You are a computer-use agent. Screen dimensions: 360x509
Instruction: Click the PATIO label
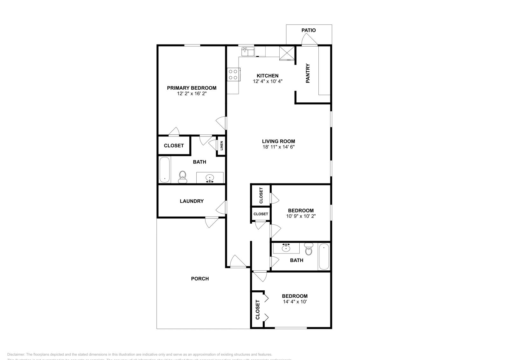click(309, 30)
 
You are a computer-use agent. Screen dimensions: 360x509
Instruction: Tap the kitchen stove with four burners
click(233, 74)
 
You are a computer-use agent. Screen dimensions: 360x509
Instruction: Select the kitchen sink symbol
click(248, 51)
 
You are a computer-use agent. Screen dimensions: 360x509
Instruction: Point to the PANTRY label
click(308, 73)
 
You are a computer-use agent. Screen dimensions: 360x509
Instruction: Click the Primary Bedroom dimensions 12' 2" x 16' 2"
click(192, 94)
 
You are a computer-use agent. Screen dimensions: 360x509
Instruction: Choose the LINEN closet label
click(221, 146)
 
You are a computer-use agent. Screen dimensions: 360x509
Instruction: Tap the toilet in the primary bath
click(182, 177)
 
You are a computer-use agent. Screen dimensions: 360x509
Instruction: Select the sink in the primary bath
click(210, 178)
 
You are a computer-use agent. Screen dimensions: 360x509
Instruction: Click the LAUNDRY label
click(192, 201)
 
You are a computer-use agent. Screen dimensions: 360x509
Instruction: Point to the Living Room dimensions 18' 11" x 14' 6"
click(278, 147)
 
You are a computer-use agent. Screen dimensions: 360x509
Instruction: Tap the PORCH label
click(200, 279)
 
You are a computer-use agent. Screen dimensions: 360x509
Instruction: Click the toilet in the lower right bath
click(308, 249)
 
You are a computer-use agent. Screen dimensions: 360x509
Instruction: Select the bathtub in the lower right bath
click(324, 256)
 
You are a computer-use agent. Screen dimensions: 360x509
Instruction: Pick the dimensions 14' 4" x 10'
click(295, 301)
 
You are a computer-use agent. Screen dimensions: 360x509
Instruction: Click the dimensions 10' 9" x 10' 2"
click(301, 216)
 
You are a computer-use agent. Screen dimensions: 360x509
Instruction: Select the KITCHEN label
click(268, 76)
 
